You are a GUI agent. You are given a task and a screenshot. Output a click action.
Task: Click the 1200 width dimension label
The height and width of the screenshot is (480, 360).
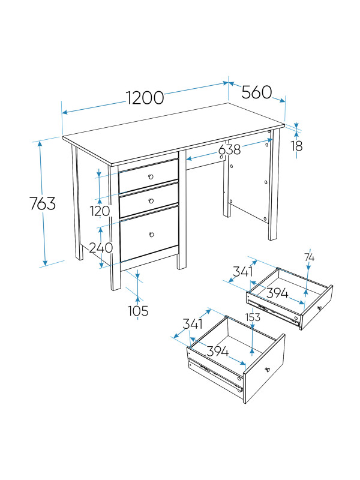(145, 98)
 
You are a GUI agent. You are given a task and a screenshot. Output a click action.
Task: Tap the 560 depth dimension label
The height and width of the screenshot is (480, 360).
(257, 92)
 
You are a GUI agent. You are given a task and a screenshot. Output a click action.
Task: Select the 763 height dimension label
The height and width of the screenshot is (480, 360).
(43, 203)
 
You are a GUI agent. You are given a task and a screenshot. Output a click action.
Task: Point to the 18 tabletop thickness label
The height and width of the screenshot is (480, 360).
(296, 146)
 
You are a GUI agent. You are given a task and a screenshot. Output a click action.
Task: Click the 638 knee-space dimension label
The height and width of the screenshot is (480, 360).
(230, 149)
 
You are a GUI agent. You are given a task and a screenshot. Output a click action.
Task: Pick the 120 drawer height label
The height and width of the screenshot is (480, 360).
(100, 211)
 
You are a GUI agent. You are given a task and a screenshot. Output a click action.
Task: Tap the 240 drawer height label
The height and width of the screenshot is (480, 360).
(101, 248)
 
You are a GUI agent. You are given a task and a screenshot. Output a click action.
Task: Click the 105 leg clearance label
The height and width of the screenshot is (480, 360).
(138, 311)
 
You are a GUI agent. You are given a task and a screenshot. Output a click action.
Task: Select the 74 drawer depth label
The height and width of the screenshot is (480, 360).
(309, 258)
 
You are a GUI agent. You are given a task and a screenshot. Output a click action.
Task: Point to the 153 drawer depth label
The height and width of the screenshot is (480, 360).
(253, 317)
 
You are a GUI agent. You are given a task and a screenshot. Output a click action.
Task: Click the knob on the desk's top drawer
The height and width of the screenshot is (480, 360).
(151, 176)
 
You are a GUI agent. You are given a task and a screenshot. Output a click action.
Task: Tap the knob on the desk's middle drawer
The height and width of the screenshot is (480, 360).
(151, 201)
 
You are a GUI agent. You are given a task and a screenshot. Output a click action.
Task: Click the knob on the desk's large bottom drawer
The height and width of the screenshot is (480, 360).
(151, 235)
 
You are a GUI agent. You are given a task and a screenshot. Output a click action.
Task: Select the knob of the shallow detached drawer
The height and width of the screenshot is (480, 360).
(320, 308)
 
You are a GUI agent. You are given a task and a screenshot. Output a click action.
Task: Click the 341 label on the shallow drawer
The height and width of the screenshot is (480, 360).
(243, 272)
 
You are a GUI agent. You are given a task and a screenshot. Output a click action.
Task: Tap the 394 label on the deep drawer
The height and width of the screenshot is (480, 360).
(217, 351)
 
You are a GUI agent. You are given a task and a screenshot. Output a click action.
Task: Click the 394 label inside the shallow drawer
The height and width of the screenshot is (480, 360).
(277, 293)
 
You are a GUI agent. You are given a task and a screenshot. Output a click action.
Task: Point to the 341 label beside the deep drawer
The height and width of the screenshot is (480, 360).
(193, 324)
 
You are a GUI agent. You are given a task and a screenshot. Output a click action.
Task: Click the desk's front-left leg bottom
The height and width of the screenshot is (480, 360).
(116, 289)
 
